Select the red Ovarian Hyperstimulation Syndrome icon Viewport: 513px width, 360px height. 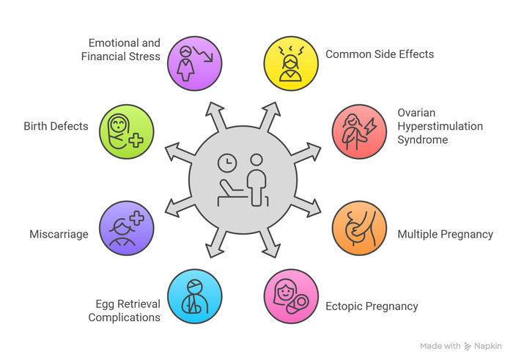click(x=357, y=127)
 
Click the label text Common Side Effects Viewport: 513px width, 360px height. click(x=380, y=54)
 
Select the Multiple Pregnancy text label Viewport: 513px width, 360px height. click(x=445, y=235)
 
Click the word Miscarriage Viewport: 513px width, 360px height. click(x=59, y=235)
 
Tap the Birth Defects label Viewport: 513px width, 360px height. click(x=56, y=126)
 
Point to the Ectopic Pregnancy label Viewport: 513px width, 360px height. click(x=372, y=306)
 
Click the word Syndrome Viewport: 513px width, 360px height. click(x=422, y=139)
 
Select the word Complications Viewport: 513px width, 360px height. click(x=125, y=317)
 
